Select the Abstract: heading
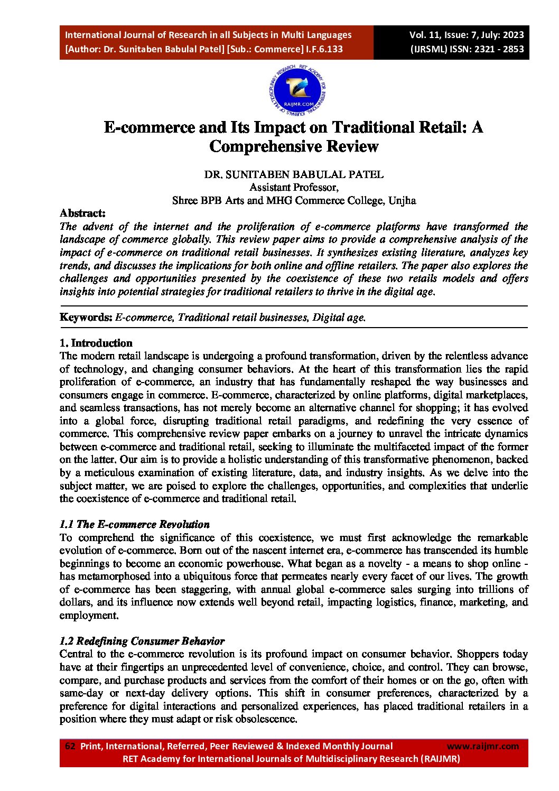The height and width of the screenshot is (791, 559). click(x=82, y=213)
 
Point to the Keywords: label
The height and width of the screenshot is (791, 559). click(x=86, y=318)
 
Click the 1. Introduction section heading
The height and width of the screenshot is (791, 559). click(x=96, y=343)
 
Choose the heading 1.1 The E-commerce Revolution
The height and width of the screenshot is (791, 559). click(x=134, y=525)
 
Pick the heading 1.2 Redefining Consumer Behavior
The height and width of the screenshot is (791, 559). click(x=142, y=641)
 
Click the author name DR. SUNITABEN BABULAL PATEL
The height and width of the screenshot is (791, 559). click(x=294, y=174)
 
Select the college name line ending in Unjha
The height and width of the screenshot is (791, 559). click(x=294, y=201)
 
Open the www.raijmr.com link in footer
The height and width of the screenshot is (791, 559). click(x=482, y=746)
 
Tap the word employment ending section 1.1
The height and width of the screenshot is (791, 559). click(x=88, y=616)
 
